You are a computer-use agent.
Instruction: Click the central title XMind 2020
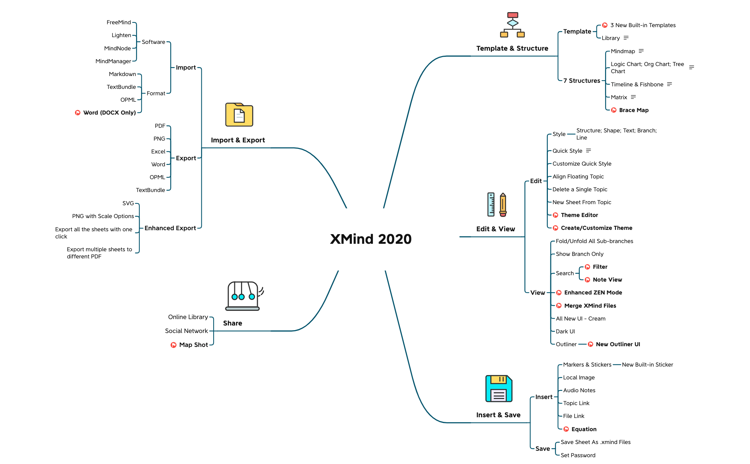click(x=371, y=239)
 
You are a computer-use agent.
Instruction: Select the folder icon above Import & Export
click(x=239, y=115)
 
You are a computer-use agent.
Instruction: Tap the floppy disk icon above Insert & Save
click(x=499, y=389)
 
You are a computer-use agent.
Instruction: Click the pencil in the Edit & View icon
click(x=503, y=205)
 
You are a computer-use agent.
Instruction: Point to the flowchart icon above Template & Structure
click(x=512, y=25)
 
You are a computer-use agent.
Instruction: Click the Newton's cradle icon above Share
click(x=243, y=296)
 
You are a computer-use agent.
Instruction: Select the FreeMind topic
click(x=119, y=22)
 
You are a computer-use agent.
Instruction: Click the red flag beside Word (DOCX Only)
click(x=77, y=113)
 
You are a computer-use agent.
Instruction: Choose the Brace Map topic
click(x=634, y=110)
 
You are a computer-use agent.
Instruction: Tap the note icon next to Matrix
click(x=633, y=97)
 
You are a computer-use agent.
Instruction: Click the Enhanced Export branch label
click(x=170, y=228)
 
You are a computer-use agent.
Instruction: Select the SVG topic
click(x=128, y=203)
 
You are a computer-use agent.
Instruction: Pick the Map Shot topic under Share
click(x=193, y=345)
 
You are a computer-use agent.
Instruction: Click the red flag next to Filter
click(x=587, y=267)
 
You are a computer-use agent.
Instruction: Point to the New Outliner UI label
click(x=618, y=344)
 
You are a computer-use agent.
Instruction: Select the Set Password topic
click(x=578, y=455)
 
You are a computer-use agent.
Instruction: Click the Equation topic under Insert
click(x=584, y=429)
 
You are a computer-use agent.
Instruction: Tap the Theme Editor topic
click(x=579, y=215)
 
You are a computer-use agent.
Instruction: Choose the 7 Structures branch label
click(x=581, y=81)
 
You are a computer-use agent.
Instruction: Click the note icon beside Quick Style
click(x=589, y=151)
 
